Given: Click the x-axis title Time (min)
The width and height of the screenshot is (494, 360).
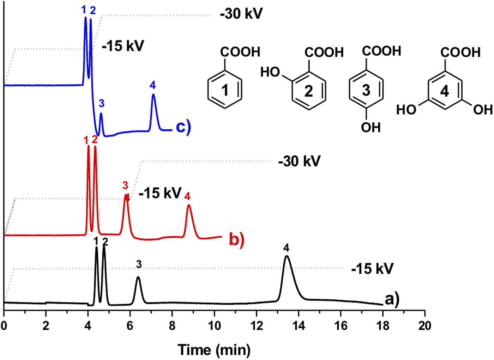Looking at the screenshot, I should coord(214,350).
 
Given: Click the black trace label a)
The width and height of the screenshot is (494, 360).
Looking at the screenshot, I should coord(392,299).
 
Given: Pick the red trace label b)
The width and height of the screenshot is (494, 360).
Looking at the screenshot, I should coord(236,239).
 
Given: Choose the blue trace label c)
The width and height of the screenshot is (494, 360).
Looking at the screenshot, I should coord(183,127).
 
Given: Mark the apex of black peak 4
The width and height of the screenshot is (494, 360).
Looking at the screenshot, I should coord(287,256).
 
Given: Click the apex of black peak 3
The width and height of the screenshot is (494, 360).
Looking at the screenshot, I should coord(138,277).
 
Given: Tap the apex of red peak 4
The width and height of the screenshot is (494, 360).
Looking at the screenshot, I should coord(189,205).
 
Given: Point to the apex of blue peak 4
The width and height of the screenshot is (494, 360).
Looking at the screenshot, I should coord(153,94).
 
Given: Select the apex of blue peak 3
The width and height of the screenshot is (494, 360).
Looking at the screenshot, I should coord(101,113).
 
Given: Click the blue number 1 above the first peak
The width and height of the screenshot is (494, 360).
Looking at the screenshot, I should coord(84,10).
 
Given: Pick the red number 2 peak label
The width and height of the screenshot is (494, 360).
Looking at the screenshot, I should coord(95,139).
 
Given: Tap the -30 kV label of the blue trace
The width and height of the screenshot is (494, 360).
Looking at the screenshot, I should coord(241,14).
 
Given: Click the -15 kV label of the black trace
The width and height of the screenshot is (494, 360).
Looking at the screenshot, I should coord(372,269).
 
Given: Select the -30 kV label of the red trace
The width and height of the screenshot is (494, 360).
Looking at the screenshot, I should coord(299,161).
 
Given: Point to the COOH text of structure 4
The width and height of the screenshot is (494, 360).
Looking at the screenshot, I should coord(460,53).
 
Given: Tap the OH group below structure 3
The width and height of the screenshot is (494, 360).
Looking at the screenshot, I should coord(370,127).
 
